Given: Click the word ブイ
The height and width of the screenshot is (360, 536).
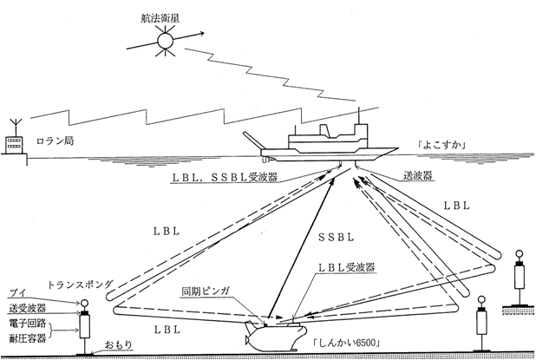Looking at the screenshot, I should pos(15,293).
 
